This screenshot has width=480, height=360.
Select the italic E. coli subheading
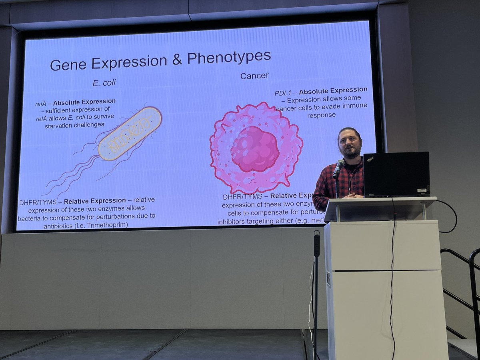(x=104, y=84)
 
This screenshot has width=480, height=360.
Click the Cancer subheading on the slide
(x=254, y=76)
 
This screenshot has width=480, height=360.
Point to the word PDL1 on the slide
(x=283, y=93)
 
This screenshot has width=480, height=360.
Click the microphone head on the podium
(x=339, y=164)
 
